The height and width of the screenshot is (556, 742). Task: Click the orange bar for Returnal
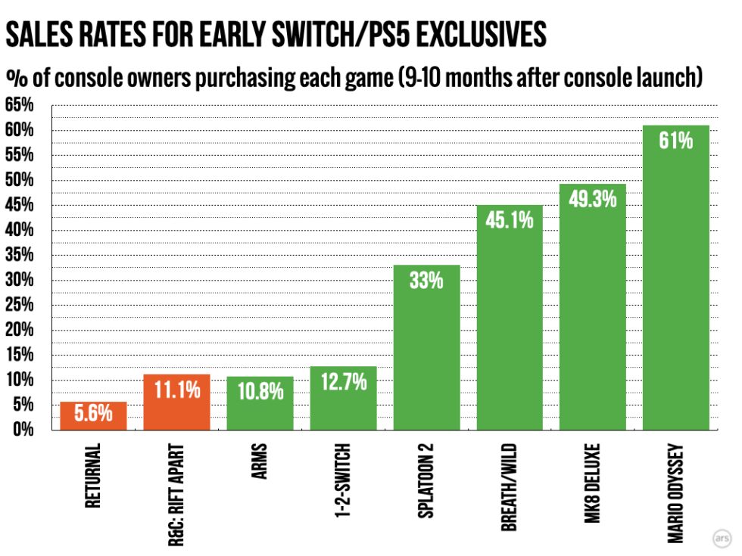(x=94, y=415)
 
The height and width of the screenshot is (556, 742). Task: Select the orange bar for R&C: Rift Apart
(x=176, y=402)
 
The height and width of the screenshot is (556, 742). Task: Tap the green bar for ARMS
(x=260, y=402)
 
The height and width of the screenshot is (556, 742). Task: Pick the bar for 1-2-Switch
(x=343, y=398)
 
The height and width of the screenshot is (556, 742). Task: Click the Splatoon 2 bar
(x=426, y=347)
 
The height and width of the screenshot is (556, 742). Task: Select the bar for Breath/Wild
(x=510, y=317)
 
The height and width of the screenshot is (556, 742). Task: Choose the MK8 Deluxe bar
(x=592, y=307)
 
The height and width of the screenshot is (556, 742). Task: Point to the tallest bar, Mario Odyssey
(x=675, y=278)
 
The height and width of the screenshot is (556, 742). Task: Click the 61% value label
(x=675, y=141)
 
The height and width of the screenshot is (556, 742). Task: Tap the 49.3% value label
(x=592, y=198)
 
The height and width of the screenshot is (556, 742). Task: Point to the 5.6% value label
(x=94, y=413)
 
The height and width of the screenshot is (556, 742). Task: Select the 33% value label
(x=426, y=281)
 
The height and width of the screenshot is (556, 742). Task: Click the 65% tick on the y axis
(x=20, y=104)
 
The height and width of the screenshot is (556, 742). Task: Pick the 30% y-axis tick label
(x=20, y=279)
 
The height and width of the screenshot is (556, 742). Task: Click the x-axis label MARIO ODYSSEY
(x=675, y=493)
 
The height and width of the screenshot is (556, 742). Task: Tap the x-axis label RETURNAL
(x=93, y=476)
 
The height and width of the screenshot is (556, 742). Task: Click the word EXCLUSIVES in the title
(x=482, y=34)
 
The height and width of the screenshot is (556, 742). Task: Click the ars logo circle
(x=722, y=538)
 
